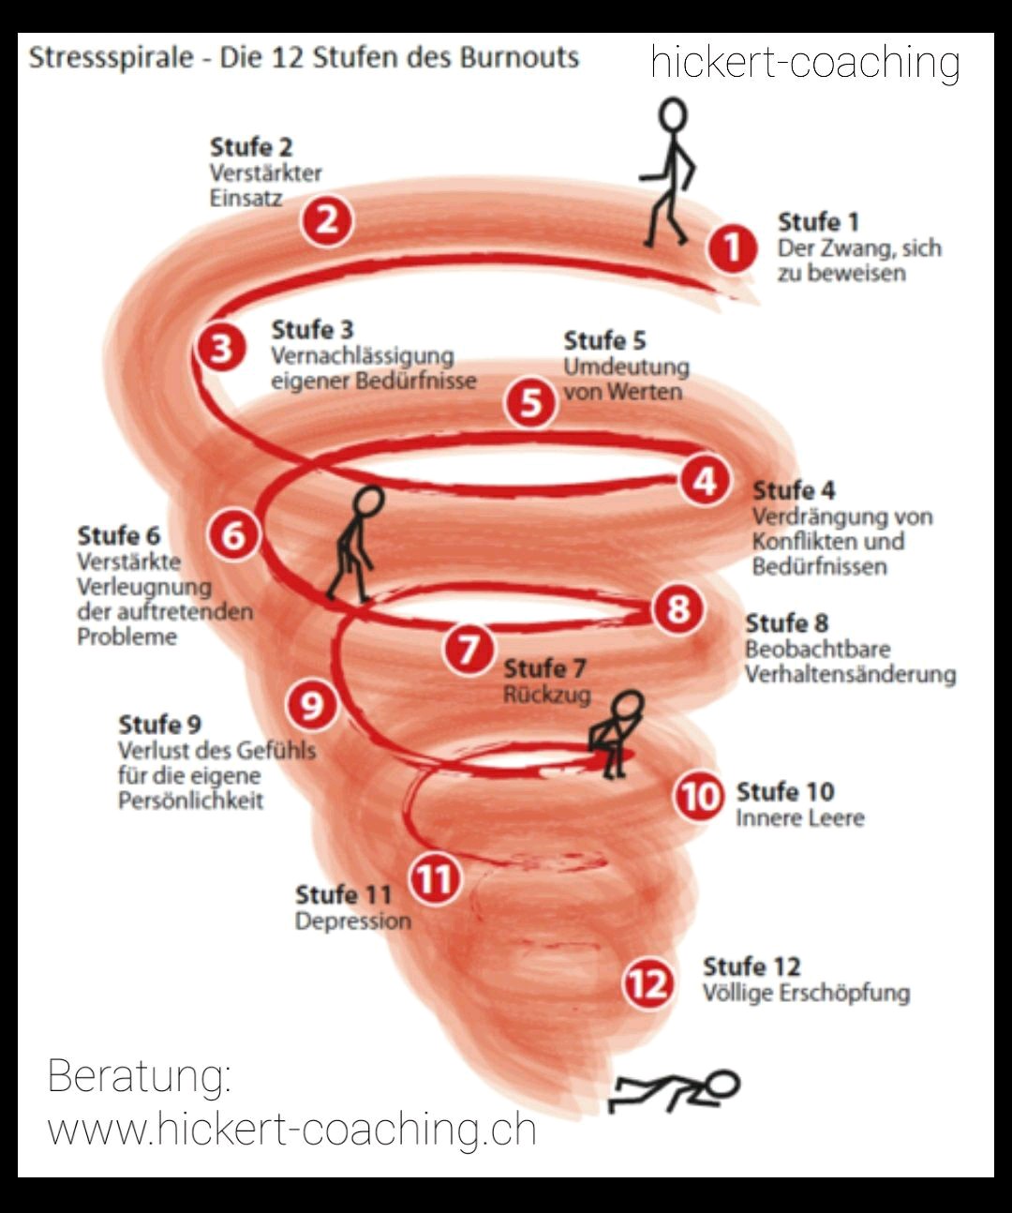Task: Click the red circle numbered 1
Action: (732, 247)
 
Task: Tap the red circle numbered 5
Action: (530, 402)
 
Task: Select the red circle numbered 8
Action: (677, 608)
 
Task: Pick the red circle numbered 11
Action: (434, 878)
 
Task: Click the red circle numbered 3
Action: (220, 349)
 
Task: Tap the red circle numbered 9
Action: (312, 705)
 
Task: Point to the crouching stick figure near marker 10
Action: (616, 734)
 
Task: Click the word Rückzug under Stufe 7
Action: (547, 695)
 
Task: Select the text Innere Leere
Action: (800, 818)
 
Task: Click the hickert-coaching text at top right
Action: (805, 63)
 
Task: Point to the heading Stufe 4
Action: (794, 491)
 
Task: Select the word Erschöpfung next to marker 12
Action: (844, 994)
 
